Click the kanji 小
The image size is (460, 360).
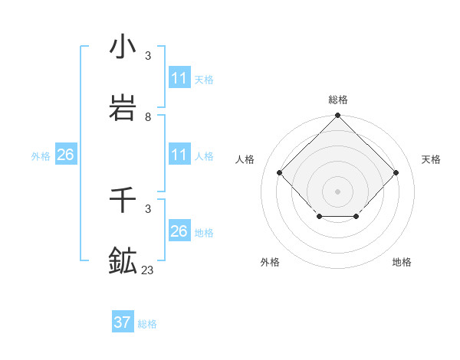point(123,47)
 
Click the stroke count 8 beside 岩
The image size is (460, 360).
point(148,117)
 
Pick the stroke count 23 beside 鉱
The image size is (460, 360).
point(148,270)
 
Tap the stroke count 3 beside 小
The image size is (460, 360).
point(148,56)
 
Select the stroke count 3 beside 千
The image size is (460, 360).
point(148,208)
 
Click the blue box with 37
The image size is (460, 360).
point(123,322)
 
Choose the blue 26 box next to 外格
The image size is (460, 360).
point(65,155)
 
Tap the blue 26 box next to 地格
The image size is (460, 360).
point(179,231)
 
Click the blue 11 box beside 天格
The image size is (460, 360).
point(179,78)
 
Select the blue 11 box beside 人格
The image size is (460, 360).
point(179,155)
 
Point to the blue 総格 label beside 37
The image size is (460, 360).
point(147,324)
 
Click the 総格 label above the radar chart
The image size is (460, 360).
point(338,100)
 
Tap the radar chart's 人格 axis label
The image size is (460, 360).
point(245,159)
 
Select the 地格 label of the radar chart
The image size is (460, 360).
point(402,262)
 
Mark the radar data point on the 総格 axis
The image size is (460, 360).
point(338,116)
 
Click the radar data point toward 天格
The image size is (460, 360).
point(396,172)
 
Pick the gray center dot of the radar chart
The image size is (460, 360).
point(338,191)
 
